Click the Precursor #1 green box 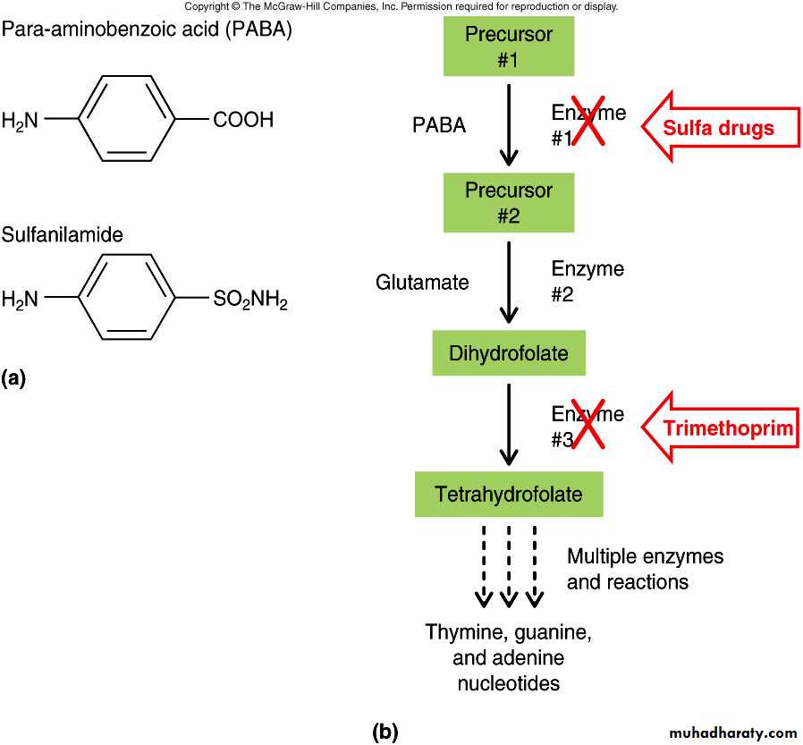[x=509, y=47]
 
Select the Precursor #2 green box [x=509, y=203]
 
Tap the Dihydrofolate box [x=509, y=352]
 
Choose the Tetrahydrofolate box [x=509, y=494]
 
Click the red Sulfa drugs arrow [x=720, y=128]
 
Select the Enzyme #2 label [x=587, y=282]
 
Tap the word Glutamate [x=422, y=283]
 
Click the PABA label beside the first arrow [x=439, y=125]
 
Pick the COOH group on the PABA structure [x=243, y=120]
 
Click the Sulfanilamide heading [x=62, y=235]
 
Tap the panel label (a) [x=14, y=378]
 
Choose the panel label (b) [x=385, y=732]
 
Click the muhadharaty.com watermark [x=730, y=732]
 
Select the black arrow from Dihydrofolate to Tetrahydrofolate [x=509, y=424]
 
